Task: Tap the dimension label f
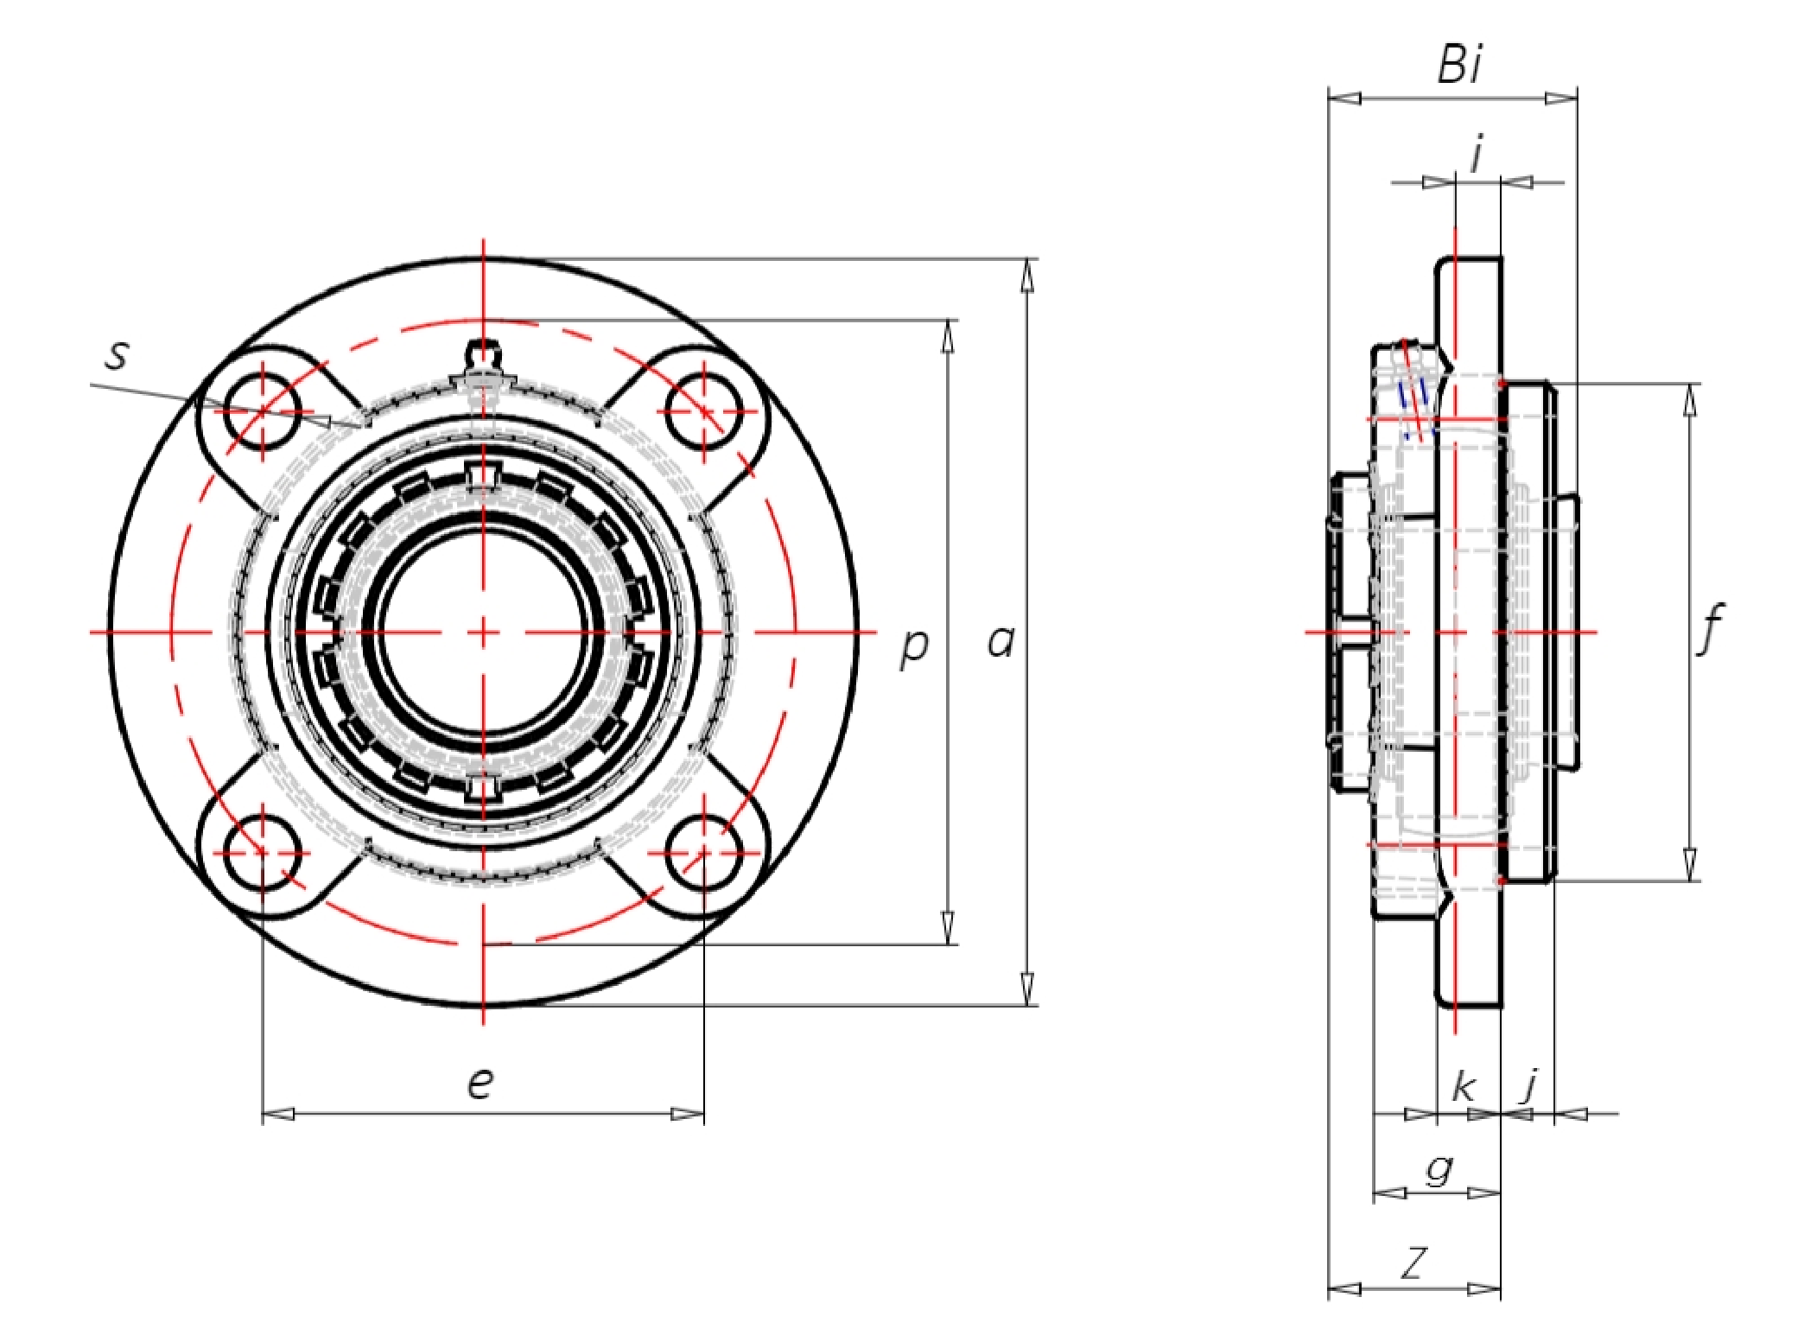click(1710, 629)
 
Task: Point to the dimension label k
click(1463, 1086)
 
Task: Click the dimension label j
click(1530, 1086)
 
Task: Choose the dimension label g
click(1439, 1169)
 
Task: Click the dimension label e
click(480, 1083)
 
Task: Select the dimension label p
click(914, 647)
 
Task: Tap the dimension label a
click(1000, 642)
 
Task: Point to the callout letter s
click(118, 354)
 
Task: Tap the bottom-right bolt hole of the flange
click(704, 853)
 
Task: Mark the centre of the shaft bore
click(483, 633)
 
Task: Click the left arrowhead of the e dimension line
click(278, 1114)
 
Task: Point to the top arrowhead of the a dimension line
click(1027, 276)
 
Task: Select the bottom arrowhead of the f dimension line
click(1691, 864)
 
